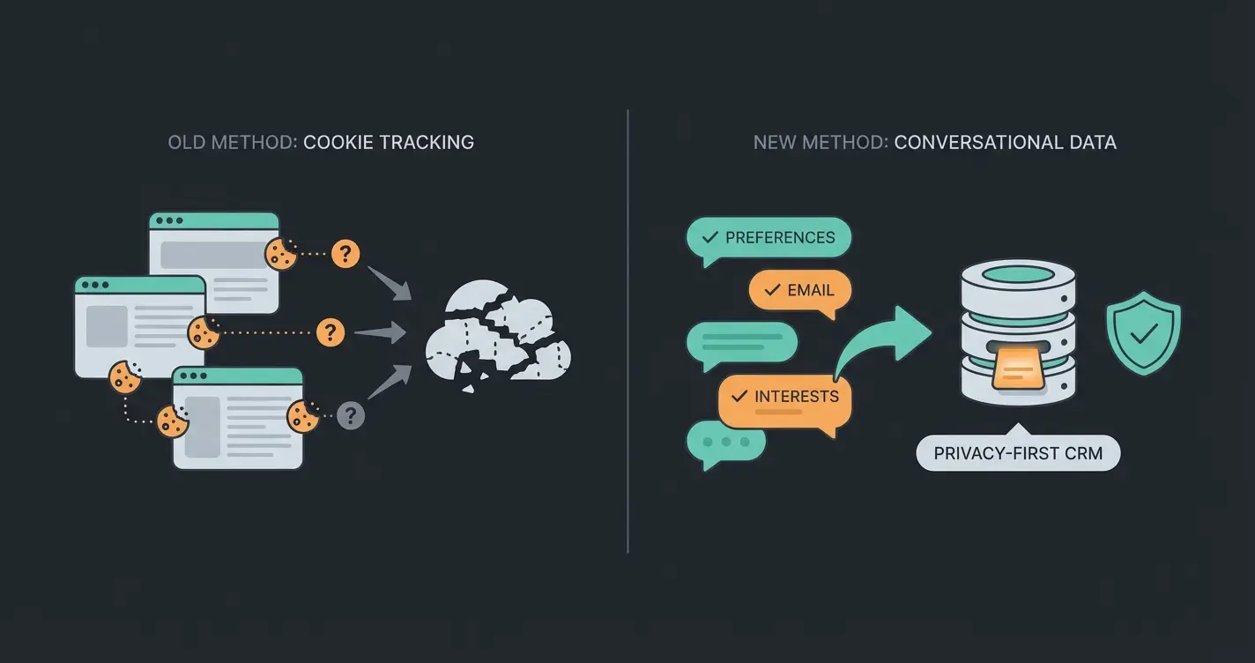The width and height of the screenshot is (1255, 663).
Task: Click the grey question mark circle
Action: [351, 414]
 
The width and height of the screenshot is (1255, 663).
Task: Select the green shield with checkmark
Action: [1143, 332]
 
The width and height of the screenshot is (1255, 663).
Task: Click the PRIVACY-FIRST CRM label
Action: [1018, 454]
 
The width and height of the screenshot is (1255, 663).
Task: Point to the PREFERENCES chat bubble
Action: [769, 238]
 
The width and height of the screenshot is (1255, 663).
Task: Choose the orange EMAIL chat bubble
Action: [799, 290]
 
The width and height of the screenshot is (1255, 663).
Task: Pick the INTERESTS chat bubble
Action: [784, 398]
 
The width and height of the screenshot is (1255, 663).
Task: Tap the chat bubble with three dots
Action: [726, 442]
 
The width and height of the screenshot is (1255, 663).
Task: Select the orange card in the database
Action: [1018, 366]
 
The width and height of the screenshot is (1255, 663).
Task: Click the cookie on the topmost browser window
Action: [281, 254]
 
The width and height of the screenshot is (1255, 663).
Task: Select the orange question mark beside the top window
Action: [345, 255]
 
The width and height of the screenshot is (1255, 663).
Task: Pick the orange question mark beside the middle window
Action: [330, 331]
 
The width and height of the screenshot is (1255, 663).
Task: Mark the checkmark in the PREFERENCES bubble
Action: [709, 237]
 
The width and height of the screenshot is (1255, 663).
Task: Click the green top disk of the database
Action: [1018, 275]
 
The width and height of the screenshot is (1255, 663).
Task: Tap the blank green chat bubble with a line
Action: [741, 342]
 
